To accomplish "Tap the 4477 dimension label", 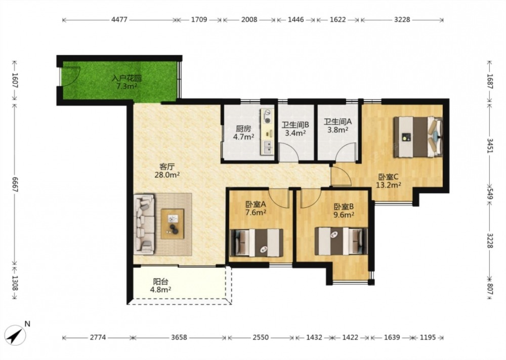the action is click(119, 20).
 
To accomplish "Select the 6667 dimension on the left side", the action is click(15, 184).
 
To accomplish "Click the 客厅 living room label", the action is click(167, 167).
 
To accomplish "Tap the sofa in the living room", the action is click(144, 223).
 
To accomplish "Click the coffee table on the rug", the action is click(173, 224).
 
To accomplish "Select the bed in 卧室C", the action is click(417, 137).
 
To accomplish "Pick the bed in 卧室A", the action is click(256, 243).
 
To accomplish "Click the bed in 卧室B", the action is click(341, 241).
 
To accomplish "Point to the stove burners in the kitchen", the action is click(267, 116).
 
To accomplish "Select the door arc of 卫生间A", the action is click(346, 150).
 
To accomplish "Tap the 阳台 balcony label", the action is click(161, 282).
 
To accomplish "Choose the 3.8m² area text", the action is click(338, 130).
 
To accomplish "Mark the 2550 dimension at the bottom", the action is click(261, 337).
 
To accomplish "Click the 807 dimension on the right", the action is click(490, 287).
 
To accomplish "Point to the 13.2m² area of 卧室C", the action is click(389, 185).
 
